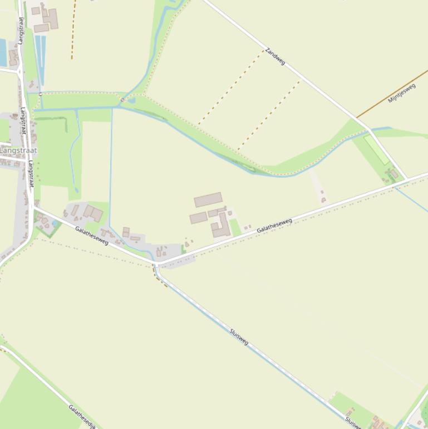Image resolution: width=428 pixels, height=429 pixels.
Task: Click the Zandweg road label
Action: (275, 56)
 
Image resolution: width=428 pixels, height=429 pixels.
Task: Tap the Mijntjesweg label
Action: (402, 92)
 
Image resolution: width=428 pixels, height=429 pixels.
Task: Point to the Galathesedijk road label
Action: (82, 416)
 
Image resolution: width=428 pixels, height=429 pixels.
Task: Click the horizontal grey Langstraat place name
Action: (18, 150)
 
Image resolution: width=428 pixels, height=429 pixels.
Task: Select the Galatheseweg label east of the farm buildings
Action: (274, 225)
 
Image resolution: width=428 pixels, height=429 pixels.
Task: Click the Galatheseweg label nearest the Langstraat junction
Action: (92, 236)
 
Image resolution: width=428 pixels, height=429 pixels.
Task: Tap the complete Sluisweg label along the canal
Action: (239, 337)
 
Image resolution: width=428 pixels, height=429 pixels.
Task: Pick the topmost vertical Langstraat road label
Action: (21, 31)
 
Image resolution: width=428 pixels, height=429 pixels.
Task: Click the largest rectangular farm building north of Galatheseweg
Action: (208, 199)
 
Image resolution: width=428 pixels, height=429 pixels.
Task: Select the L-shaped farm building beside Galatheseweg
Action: (222, 226)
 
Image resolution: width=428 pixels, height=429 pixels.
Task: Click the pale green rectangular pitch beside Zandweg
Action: (377, 149)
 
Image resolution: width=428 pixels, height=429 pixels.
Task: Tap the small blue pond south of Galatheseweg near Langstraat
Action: (55, 224)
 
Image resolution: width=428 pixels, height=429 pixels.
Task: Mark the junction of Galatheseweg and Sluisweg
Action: (156, 264)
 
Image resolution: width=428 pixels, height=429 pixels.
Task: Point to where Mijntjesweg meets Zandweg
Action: (356, 118)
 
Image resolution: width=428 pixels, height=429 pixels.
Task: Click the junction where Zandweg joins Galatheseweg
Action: (407, 178)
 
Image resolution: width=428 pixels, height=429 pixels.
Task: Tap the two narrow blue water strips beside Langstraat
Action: (40, 58)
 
